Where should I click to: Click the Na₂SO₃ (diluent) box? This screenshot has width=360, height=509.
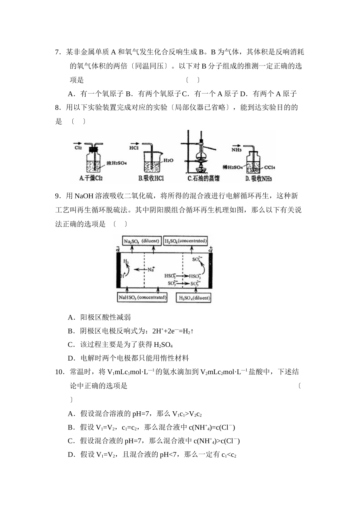pyautogui.click(x=142, y=241)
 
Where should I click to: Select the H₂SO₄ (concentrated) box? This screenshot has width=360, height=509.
pyautogui.click(x=186, y=241)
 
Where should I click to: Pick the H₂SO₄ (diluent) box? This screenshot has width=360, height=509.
pyautogui.click(x=194, y=298)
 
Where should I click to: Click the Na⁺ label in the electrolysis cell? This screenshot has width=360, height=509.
pyautogui.click(x=151, y=270)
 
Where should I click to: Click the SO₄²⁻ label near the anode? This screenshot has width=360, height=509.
pyautogui.click(x=197, y=259)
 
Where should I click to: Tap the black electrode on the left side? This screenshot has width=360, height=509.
pyautogui.click(x=118, y=270)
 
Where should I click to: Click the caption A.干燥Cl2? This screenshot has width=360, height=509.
pyautogui.click(x=91, y=178)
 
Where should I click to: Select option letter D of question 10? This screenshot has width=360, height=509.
pyautogui.click(x=70, y=454)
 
